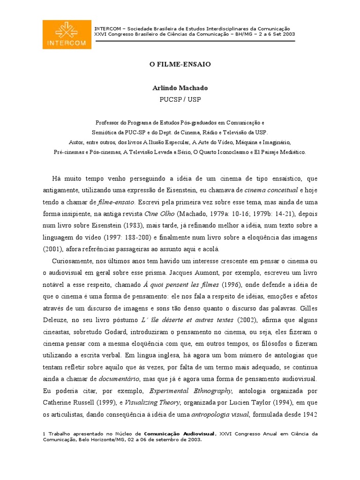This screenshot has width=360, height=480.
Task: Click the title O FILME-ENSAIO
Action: point(180,64)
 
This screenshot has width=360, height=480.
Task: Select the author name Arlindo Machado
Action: point(180,88)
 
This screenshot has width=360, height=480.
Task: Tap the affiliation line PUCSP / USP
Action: point(180,99)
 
